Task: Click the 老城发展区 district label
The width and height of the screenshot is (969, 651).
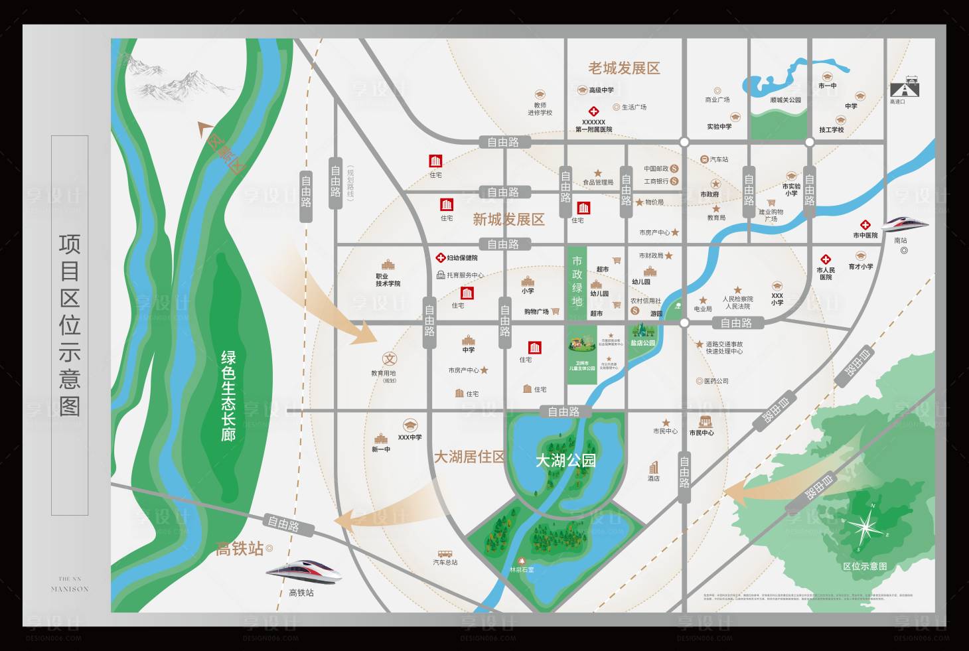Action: (624, 68)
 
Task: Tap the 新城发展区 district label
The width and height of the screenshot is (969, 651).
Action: (508, 220)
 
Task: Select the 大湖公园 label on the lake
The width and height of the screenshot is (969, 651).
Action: (565, 460)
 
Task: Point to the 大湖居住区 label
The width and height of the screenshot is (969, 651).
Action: (469, 457)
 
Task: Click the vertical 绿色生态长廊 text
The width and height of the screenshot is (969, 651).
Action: (228, 396)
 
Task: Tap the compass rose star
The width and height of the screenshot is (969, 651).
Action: (865, 528)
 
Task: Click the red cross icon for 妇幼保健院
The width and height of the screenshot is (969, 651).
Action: (440, 257)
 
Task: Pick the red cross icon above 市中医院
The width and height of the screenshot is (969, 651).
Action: (865, 225)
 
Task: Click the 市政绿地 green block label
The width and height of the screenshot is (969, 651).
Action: (577, 281)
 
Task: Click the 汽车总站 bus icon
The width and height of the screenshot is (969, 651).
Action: (445, 553)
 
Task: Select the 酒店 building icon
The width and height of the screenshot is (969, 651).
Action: (654, 467)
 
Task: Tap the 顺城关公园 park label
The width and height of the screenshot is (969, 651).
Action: (785, 100)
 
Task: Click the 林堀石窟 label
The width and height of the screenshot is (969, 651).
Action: (522, 569)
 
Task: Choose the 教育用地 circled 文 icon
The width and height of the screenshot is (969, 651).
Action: (390, 358)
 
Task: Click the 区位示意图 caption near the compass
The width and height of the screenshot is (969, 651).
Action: (865, 566)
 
